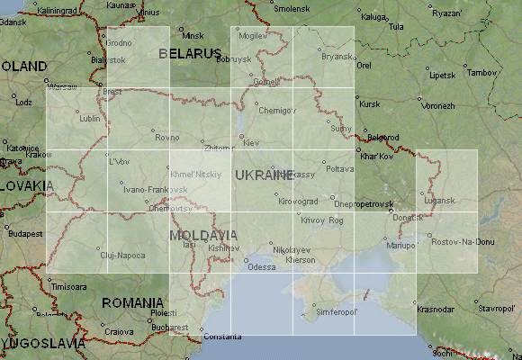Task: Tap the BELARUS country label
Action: click(190, 54)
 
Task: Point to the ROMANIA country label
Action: click(132, 302)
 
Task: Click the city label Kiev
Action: click(251, 143)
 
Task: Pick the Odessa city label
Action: click(262, 267)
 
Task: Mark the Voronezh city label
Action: click(438, 105)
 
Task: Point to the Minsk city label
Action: click(193, 35)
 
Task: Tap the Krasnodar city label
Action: click(436, 309)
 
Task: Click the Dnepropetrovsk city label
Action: click(364, 204)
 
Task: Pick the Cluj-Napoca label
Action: click(122, 256)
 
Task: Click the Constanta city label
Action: click(222, 337)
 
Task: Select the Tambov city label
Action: click(482, 72)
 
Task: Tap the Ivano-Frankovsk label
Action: click(156, 190)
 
